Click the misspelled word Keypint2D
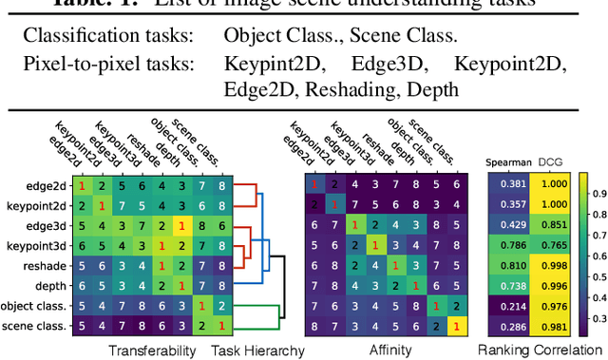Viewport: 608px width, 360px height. coord(261,66)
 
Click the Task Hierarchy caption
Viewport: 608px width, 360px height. coord(257,351)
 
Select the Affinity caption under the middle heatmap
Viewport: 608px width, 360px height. coord(389,351)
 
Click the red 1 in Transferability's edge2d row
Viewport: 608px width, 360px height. coord(83,184)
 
